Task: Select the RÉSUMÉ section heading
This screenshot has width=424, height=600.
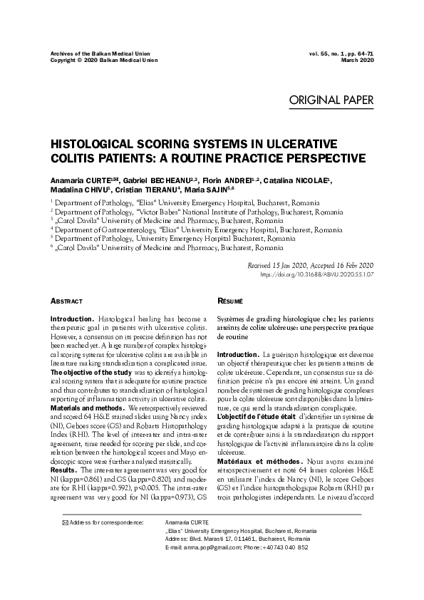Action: click(229, 302)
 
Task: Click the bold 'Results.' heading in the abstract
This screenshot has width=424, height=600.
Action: click(63, 471)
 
